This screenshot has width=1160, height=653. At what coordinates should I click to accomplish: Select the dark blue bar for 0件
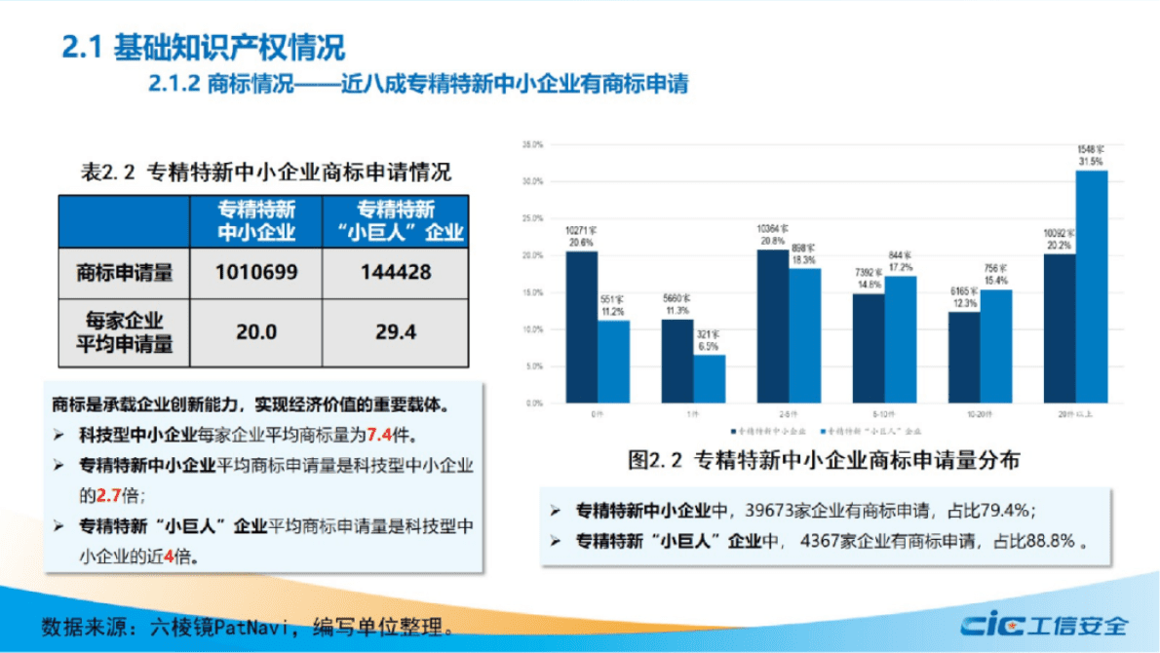click(x=581, y=326)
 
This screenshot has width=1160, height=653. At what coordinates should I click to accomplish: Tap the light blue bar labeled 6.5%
click(x=709, y=378)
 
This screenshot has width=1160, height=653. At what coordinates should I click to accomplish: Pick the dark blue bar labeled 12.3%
click(x=963, y=357)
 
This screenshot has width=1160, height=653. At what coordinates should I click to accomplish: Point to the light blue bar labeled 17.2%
click(x=900, y=338)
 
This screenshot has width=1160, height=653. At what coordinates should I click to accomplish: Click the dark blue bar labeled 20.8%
click(x=772, y=326)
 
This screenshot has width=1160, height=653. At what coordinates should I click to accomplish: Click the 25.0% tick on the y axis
click(x=532, y=218)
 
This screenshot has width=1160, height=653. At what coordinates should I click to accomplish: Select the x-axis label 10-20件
click(x=980, y=414)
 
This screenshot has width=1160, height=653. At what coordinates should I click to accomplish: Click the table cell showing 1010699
click(x=256, y=273)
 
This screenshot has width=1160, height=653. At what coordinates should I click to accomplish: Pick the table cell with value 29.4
click(x=395, y=332)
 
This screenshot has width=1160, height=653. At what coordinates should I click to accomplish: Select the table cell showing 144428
click(x=395, y=273)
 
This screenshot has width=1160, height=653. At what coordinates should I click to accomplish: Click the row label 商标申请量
click(x=124, y=273)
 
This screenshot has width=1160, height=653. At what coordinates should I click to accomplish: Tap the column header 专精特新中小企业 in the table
click(x=256, y=221)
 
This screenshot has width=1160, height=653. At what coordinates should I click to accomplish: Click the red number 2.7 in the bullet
click(x=107, y=494)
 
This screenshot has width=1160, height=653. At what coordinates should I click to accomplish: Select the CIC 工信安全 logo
click(x=1044, y=625)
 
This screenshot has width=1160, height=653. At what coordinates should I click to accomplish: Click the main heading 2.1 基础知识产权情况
click(x=203, y=47)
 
